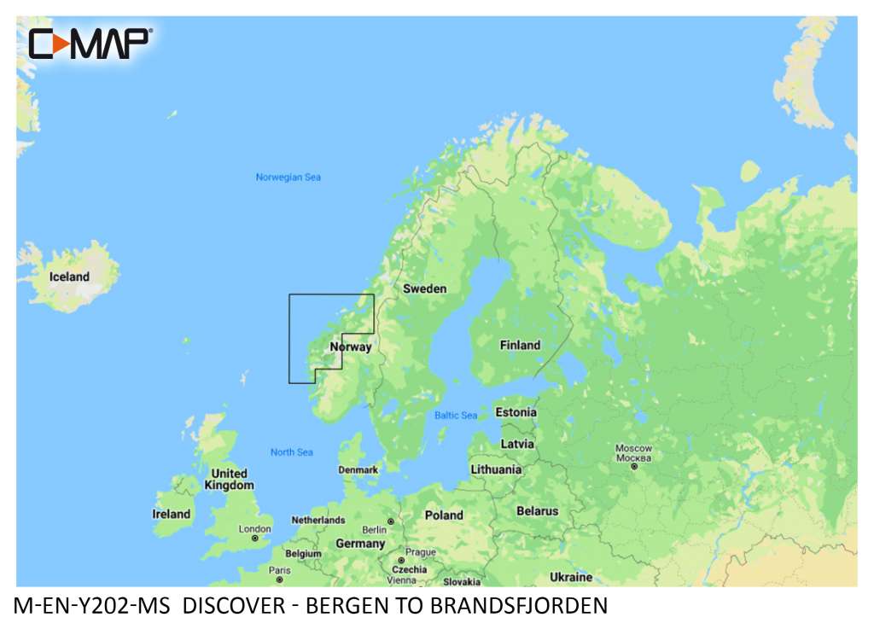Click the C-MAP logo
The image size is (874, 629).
[90, 44]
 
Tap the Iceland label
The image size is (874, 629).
[69, 277]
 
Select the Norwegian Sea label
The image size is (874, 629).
[288, 178]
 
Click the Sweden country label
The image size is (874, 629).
[424, 288]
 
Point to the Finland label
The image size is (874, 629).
[520, 346]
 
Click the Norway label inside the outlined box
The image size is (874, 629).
[351, 347]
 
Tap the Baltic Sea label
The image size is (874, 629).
[456, 416]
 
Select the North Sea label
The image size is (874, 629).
[292, 452]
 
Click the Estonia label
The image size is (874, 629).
[516, 413]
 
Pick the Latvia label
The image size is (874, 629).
[517, 444]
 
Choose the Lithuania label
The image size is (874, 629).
[496, 469]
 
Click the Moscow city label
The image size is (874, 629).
[634, 449]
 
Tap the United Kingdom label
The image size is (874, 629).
[229, 479]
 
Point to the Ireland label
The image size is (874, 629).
[171, 514]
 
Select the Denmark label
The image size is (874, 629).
[358, 470]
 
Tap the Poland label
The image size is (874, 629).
[444, 515]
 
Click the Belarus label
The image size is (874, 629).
[537, 511]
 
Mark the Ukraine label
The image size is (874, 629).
[571, 577]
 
